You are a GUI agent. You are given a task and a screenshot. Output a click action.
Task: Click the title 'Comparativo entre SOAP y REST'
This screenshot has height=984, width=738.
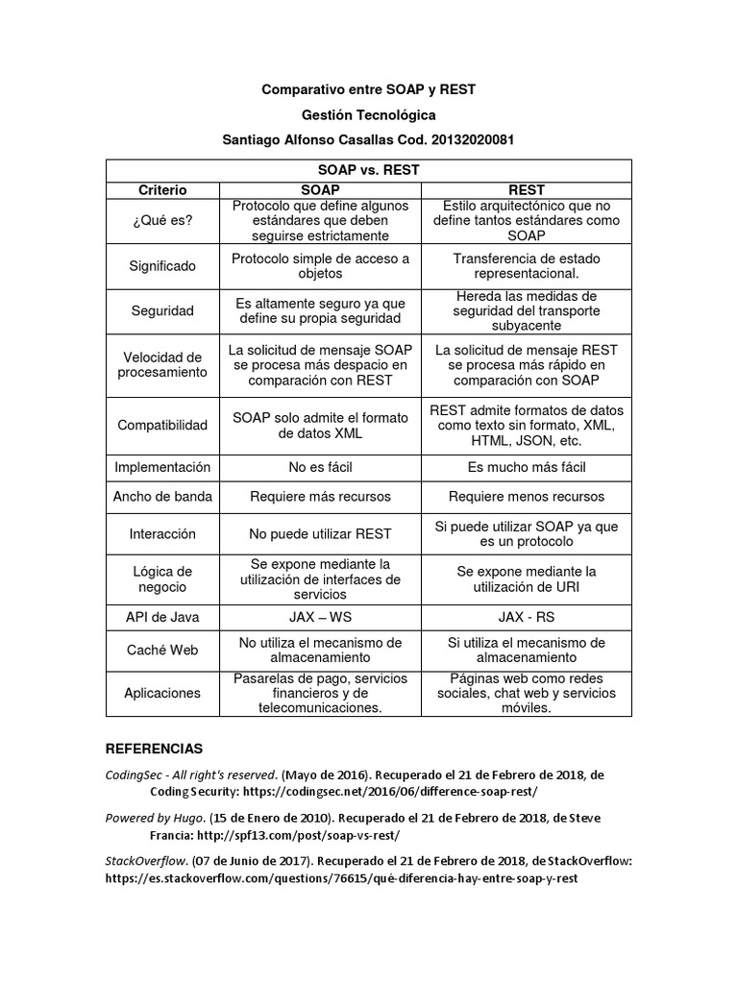(369, 89)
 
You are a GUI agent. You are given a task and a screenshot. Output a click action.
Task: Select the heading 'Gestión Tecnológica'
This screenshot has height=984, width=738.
(369, 114)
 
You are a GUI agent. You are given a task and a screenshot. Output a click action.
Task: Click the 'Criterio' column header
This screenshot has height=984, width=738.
(162, 190)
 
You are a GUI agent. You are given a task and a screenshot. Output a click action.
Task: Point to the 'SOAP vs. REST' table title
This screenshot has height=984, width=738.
(369, 170)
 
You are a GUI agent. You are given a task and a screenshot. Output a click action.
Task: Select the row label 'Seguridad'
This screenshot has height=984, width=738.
(162, 311)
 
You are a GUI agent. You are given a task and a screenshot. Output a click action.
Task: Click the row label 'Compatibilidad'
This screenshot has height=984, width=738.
(162, 425)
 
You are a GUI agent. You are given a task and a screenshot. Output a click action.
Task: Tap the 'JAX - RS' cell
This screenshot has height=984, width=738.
(527, 617)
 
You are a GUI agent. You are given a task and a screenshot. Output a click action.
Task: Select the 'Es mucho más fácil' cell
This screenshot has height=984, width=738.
(527, 467)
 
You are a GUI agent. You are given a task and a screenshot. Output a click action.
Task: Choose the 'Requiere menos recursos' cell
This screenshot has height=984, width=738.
(527, 497)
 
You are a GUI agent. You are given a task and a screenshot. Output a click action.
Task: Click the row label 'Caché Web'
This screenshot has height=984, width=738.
(162, 651)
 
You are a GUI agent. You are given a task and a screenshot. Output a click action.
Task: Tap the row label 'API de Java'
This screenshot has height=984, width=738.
(162, 617)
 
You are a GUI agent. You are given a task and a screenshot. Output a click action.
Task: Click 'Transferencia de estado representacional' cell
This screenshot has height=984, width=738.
(527, 266)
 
